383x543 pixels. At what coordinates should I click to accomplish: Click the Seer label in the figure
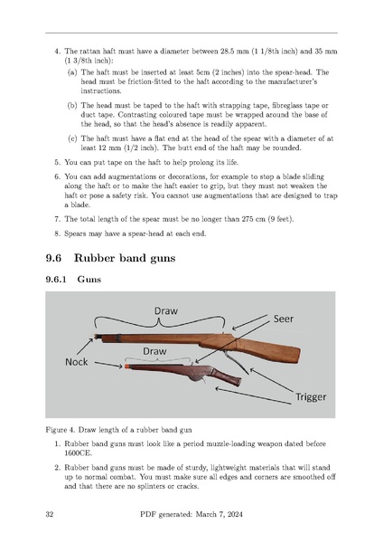point(284,319)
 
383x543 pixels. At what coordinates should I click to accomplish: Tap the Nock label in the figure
point(77,362)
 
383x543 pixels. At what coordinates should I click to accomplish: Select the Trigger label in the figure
point(311,397)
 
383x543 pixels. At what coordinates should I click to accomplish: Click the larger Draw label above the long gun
point(166,310)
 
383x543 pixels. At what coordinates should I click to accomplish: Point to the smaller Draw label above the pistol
point(154,351)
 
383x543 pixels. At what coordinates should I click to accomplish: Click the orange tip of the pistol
point(126,366)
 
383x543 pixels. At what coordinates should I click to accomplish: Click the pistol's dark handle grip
point(227,376)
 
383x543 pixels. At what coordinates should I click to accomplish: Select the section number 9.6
point(53,258)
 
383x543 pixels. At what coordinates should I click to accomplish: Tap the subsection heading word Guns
point(89,279)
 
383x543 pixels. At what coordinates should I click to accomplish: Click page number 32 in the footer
point(50,514)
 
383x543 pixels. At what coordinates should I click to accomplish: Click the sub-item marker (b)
point(72,105)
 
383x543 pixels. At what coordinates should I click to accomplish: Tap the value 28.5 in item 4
point(228,52)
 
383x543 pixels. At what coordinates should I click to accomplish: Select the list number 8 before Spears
point(57,233)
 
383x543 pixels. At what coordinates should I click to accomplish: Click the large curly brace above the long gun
point(159,322)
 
